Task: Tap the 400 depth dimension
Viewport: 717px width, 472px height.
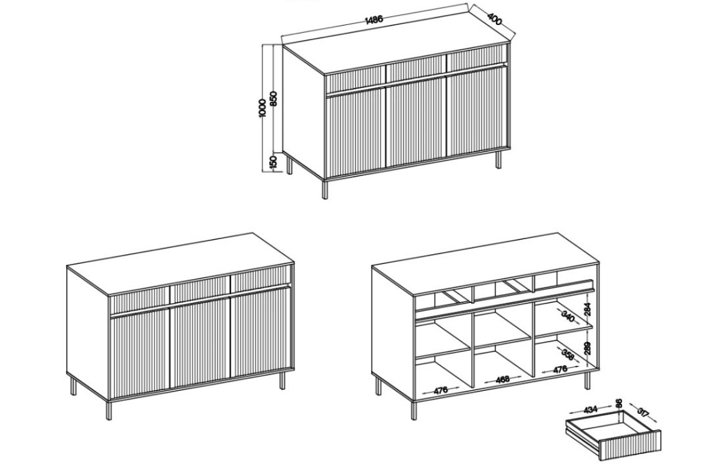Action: point(495,19)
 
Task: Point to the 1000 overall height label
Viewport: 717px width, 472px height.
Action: point(262,108)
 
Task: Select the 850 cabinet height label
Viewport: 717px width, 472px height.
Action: point(274,99)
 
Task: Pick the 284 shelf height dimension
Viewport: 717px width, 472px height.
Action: point(588,309)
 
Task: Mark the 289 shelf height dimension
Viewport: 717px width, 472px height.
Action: point(588,348)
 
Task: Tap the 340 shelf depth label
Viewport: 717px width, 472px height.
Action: point(568,316)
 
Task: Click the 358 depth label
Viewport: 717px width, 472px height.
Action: point(568,354)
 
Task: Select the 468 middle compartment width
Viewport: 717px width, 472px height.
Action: point(503,379)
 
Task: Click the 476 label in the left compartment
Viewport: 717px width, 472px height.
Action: point(440,390)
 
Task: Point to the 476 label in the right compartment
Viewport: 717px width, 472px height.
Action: point(561,369)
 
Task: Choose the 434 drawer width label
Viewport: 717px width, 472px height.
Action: point(590,410)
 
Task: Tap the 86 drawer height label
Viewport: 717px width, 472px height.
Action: point(619,403)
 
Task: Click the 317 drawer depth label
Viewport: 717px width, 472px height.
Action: point(643,413)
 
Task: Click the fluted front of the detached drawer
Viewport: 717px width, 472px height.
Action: point(630,446)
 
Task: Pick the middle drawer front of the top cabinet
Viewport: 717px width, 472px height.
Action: point(416,70)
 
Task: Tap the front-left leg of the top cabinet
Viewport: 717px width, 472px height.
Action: point(325,189)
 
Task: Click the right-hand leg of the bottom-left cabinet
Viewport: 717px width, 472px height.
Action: point(282,380)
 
